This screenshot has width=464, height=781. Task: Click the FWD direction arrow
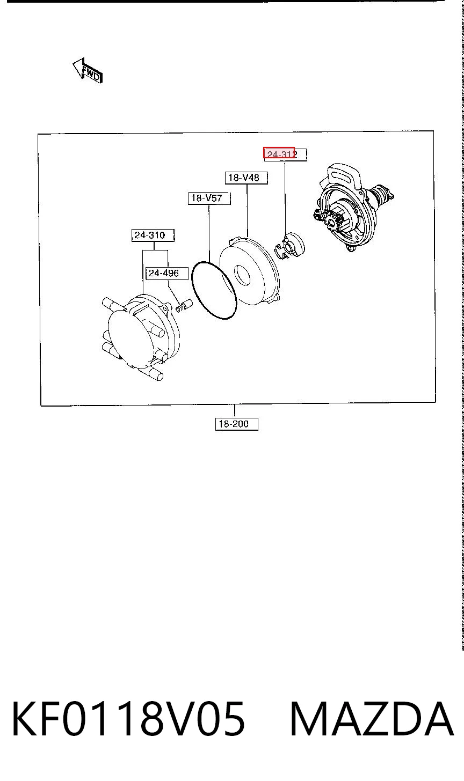(x=88, y=71)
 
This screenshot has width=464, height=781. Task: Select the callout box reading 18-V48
(x=246, y=178)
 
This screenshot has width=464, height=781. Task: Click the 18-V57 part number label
(x=209, y=198)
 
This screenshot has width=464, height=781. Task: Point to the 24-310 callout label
(x=153, y=235)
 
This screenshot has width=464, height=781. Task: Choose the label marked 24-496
(x=167, y=273)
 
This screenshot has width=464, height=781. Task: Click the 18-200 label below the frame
(x=236, y=424)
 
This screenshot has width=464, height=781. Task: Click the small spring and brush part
(x=184, y=306)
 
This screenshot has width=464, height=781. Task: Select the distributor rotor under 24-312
(x=290, y=246)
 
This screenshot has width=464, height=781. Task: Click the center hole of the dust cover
(x=242, y=276)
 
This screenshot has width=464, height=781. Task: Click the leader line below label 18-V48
(x=247, y=210)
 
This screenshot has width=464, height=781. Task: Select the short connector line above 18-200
(x=235, y=411)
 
